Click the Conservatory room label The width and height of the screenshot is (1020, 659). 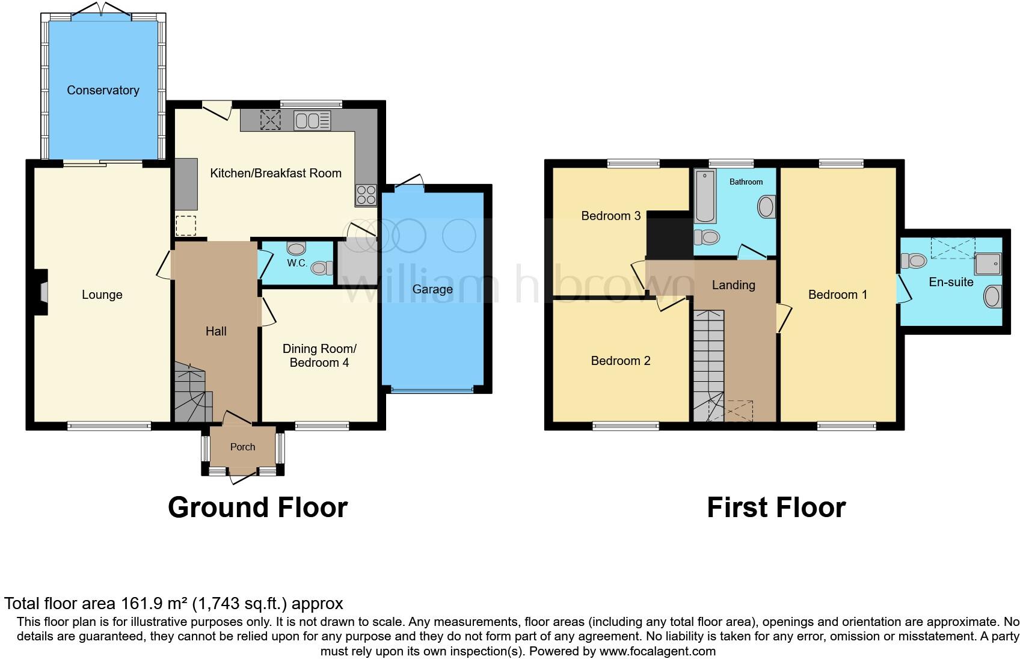tap(103, 90)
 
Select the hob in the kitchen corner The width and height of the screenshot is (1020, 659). tap(366, 195)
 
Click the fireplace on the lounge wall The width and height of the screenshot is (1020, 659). tap(42, 292)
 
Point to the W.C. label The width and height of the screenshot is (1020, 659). tap(297, 263)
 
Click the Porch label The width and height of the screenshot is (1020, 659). tap(242, 447)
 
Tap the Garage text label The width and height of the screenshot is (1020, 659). tap(432, 289)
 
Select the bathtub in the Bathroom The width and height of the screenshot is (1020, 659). tap(704, 196)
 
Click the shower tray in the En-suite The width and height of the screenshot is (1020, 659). tap(988, 263)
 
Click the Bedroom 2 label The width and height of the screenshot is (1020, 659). tap(621, 361)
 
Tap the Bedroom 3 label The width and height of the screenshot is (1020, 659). tap(610, 216)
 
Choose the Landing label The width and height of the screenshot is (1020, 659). tap(733, 285)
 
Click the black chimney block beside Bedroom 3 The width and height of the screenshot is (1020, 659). tap(668, 236)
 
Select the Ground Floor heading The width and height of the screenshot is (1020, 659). tap(257, 507)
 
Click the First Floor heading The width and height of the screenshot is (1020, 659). tap(776, 507)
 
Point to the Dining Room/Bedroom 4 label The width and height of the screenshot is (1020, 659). tap(319, 355)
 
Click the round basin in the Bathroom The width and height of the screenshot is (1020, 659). tap(766, 207)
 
